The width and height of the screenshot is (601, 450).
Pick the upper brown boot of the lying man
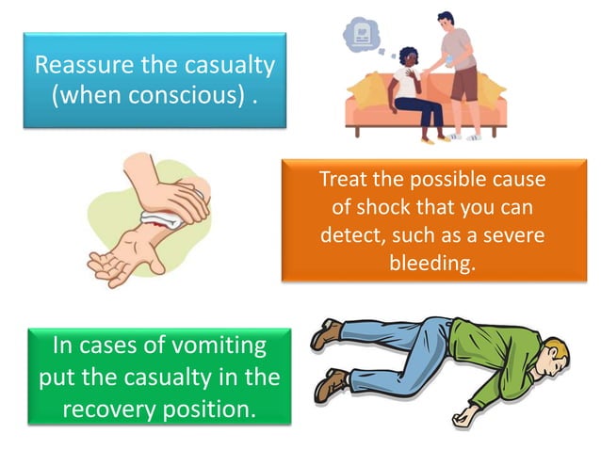[x=329, y=331]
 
